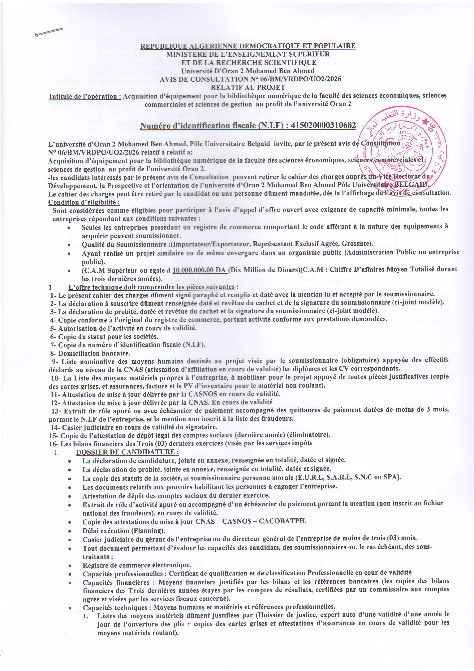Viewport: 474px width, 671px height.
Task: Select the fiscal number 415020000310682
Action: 324,125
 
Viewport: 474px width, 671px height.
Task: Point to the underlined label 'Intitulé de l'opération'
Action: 85,96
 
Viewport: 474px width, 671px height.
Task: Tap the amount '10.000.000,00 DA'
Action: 200,270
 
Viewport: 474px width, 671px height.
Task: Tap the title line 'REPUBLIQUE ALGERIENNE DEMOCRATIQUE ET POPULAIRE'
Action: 248,46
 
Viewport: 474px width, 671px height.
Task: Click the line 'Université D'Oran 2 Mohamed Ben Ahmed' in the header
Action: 248,71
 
